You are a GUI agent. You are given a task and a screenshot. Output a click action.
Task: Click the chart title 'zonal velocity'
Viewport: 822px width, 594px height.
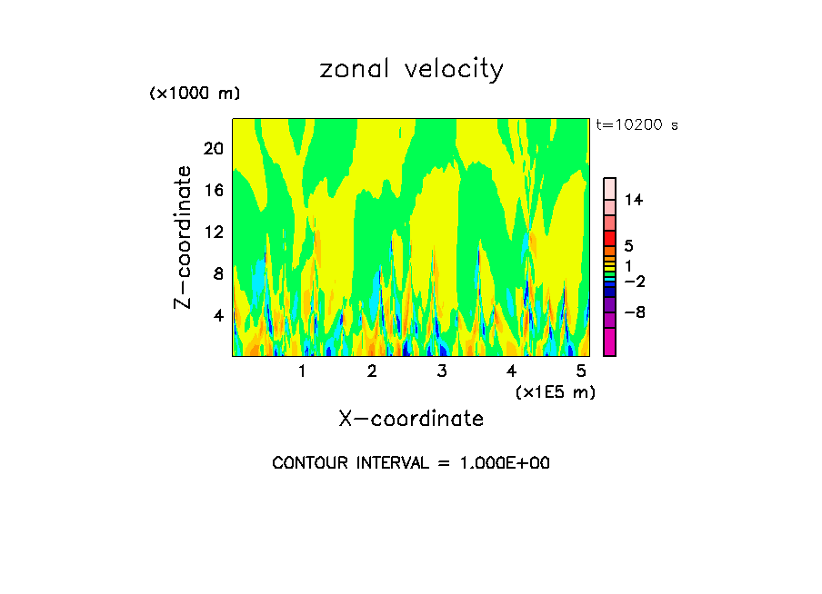coord(411,69)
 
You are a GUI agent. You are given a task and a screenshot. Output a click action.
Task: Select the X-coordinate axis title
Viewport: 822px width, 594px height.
coord(411,419)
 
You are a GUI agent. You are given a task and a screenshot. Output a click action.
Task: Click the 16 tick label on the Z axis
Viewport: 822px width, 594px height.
coord(213,190)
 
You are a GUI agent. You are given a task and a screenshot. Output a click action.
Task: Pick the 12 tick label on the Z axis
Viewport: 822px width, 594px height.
coord(213,232)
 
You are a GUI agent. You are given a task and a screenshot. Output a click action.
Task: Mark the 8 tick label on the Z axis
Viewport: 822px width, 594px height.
coord(217,273)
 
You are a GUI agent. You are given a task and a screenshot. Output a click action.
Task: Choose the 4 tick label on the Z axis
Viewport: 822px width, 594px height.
coord(217,315)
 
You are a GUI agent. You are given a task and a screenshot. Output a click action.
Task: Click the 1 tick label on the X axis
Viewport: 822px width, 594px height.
coord(302,371)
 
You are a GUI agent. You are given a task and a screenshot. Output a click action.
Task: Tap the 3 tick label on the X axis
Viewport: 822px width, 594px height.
coord(441,371)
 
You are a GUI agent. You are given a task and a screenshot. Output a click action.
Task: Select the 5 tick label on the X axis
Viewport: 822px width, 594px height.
coord(581,371)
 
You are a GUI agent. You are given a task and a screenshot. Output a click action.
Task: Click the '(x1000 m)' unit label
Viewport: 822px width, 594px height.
coord(194,94)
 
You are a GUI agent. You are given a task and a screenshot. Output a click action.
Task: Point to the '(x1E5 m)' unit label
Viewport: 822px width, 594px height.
coord(555,391)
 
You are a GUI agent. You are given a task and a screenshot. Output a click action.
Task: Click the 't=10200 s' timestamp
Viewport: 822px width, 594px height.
coord(637,125)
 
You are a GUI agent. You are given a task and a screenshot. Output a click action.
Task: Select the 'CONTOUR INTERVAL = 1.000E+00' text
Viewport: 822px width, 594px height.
coord(411,463)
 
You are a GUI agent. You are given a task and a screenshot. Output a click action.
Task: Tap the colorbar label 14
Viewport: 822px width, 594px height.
coord(634,200)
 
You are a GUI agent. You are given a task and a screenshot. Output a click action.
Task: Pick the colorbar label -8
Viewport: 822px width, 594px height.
coord(634,312)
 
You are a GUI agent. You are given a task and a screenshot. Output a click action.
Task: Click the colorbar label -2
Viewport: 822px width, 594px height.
coord(634,282)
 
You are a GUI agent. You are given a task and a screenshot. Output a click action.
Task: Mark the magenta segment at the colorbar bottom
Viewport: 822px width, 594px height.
coord(609,342)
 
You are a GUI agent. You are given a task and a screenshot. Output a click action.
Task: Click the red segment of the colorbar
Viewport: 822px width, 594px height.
coord(609,238)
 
